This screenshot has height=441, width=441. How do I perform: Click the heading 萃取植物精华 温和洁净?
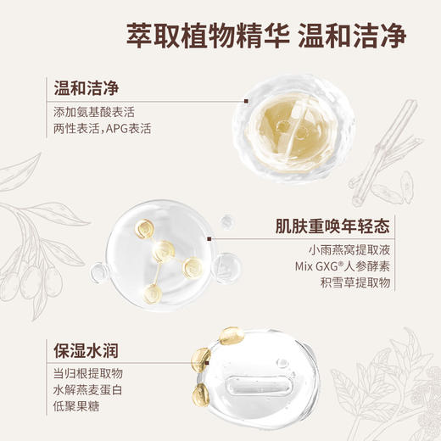click(x=266, y=36)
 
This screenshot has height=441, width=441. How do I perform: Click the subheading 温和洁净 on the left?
click(x=84, y=88)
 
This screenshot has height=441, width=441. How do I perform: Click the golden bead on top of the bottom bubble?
click(x=230, y=338)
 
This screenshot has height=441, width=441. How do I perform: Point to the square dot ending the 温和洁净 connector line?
click(x=246, y=100)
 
